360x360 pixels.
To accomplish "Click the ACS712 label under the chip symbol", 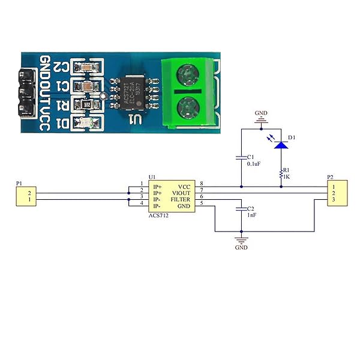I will click(158, 215).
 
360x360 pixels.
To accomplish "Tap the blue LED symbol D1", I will click(280, 145).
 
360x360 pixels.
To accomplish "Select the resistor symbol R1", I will click(280, 173).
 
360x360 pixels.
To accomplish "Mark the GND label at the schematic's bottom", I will click(241, 247).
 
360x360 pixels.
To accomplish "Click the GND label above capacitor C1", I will click(261, 112).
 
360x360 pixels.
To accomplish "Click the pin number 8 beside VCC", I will click(202, 184).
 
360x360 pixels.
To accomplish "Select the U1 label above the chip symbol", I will click(152, 177).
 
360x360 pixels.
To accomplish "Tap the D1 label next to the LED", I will click(292, 138).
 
